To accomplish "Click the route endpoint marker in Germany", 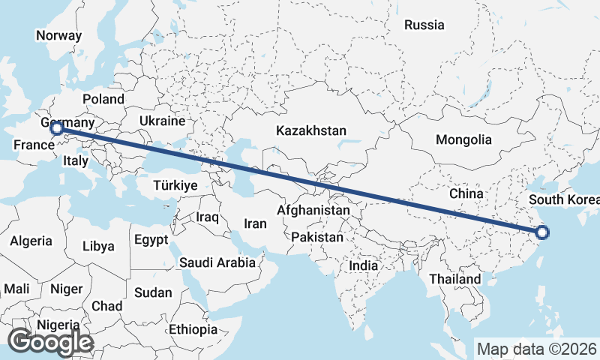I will pyautogui.click(x=56, y=128).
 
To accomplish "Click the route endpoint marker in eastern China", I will pyautogui.click(x=542, y=232).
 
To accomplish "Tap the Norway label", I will pyautogui.click(x=58, y=35).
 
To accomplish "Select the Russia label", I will pyautogui.click(x=424, y=25).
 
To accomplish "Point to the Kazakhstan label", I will pyautogui.click(x=310, y=130).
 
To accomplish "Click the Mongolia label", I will pyautogui.click(x=463, y=139).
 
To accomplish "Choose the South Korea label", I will pyautogui.click(x=564, y=199).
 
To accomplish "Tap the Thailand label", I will pyautogui.click(x=454, y=279).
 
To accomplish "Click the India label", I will pyautogui.click(x=363, y=265).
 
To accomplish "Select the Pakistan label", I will pyautogui.click(x=317, y=237).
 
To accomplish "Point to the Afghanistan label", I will pyautogui.click(x=313, y=211).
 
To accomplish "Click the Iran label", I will pyautogui.click(x=255, y=223).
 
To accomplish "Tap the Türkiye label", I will pyautogui.click(x=175, y=185).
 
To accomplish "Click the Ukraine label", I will pyautogui.click(x=161, y=121).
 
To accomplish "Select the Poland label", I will pyautogui.click(x=103, y=99).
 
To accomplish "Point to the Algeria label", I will pyautogui.click(x=31, y=241).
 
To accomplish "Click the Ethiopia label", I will pyautogui.click(x=193, y=329).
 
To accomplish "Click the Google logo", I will pyautogui.click(x=49, y=342).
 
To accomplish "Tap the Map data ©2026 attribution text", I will pyautogui.click(x=536, y=349).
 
